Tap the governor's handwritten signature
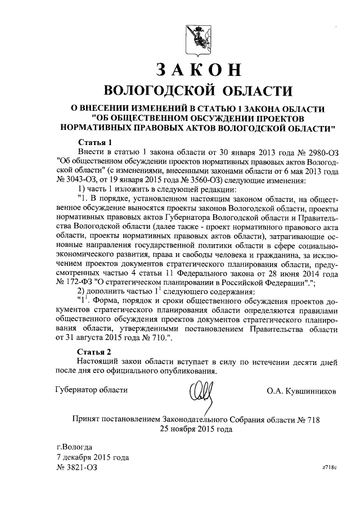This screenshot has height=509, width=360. tap(200, 392)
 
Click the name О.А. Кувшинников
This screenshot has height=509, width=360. tap(301, 390)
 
